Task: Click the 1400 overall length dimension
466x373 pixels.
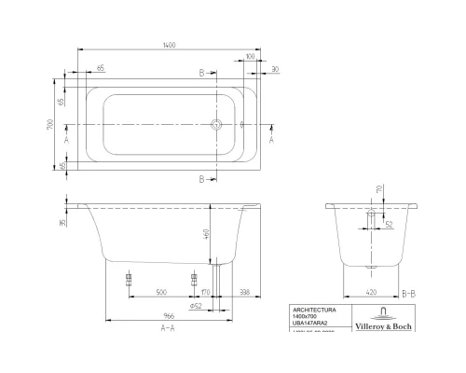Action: point(170,44)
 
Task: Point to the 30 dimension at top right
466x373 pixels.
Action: point(276,69)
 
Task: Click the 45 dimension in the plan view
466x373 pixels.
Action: point(63,165)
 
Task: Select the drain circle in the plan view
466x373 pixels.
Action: point(217,124)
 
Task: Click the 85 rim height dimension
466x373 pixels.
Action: point(63,223)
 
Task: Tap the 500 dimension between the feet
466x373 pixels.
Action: point(161,290)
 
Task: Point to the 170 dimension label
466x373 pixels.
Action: point(204,290)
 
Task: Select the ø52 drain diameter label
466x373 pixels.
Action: point(197,305)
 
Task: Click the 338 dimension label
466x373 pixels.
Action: point(245,290)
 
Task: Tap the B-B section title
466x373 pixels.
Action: point(409,291)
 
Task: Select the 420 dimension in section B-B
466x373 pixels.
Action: point(372,290)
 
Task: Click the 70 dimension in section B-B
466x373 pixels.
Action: point(377,190)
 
